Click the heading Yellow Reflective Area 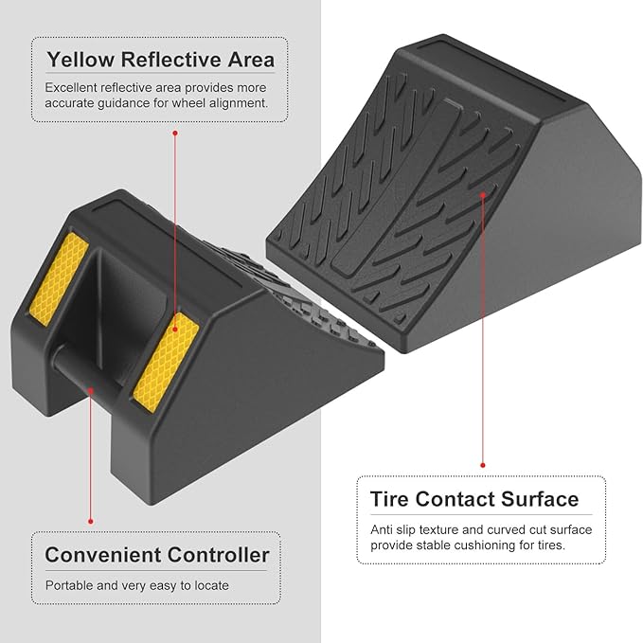[161, 60]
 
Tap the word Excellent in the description [73, 87]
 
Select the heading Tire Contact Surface [473, 499]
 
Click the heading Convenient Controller [157, 555]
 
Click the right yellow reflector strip [165, 361]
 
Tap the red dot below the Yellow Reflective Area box [175, 134]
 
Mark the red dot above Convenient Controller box [91, 520]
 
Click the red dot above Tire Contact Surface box [483, 465]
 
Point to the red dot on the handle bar [91, 387]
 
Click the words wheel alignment [224, 103]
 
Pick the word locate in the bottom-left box [209, 585]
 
